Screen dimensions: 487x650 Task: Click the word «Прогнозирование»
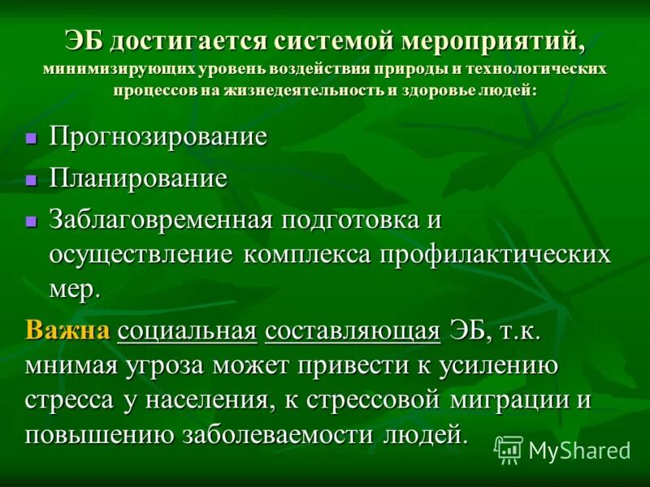tap(158, 136)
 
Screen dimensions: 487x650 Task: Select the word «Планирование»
tap(138, 179)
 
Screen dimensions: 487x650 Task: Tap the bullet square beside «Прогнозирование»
tap(32, 138)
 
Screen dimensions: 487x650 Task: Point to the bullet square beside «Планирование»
tap(32, 179)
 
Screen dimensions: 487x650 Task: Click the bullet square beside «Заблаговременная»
tap(32, 221)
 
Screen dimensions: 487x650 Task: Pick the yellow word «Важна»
tap(67, 330)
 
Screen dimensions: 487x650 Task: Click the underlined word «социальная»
tap(187, 330)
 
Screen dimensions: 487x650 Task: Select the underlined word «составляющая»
tap(353, 330)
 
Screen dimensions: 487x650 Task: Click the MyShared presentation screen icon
tap(509, 449)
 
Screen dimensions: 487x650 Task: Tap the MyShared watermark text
tap(579, 450)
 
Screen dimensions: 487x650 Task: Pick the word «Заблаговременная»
tap(159, 219)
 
